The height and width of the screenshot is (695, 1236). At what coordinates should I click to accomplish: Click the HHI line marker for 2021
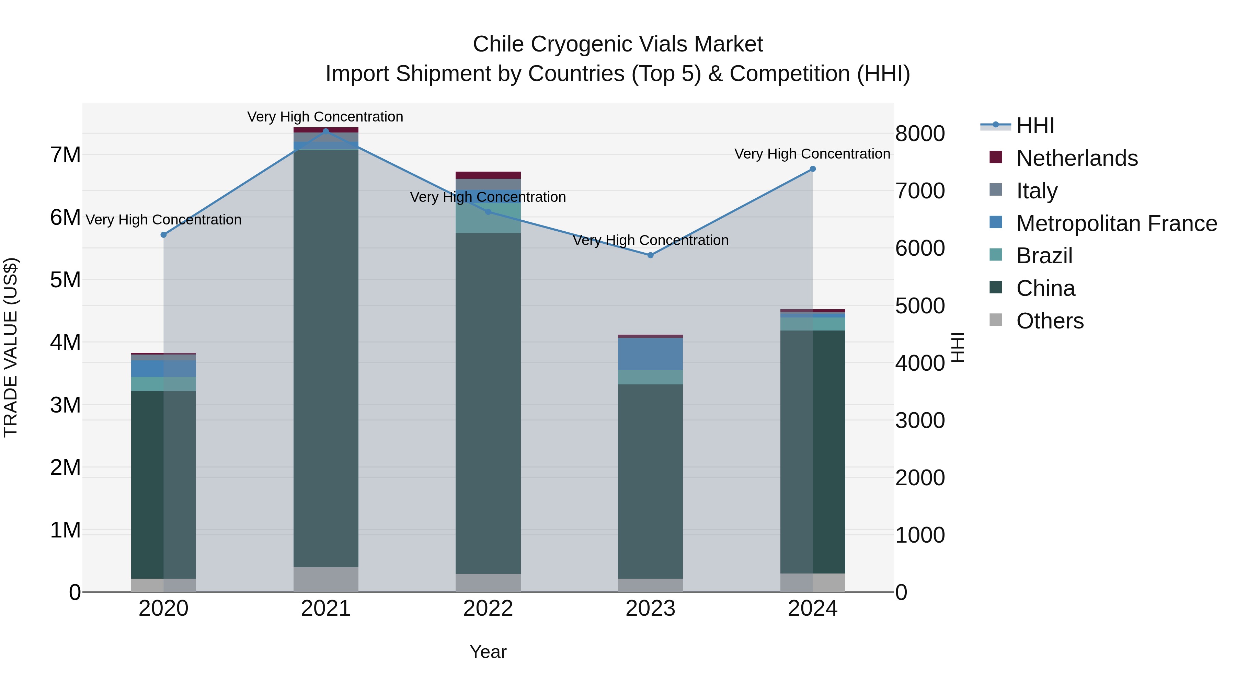326,131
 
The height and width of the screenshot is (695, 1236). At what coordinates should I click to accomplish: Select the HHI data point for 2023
650,255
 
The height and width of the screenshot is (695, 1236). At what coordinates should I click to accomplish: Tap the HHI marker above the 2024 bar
812,169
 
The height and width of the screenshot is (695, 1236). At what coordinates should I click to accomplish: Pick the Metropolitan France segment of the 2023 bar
650,354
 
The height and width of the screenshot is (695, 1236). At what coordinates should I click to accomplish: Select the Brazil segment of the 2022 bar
488,218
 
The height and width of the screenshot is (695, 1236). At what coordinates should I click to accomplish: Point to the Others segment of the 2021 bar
326,579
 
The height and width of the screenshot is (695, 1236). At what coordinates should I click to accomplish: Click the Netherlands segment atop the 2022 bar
488,175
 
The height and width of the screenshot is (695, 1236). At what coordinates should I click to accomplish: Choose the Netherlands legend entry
1076,158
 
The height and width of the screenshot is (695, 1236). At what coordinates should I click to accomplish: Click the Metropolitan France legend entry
1116,223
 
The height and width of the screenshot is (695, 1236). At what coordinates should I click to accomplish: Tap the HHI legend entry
1035,126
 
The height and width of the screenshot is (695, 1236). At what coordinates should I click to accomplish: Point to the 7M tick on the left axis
65,155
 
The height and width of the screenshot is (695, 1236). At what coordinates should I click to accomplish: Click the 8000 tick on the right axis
919,134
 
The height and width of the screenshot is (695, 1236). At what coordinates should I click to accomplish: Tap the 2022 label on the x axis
488,609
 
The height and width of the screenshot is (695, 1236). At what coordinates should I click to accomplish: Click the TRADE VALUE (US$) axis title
11,347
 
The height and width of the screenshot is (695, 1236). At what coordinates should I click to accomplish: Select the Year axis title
488,652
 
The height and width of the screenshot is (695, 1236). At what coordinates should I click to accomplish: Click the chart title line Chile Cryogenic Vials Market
618,44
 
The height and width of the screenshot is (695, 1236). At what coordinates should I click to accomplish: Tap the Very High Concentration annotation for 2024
812,154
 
